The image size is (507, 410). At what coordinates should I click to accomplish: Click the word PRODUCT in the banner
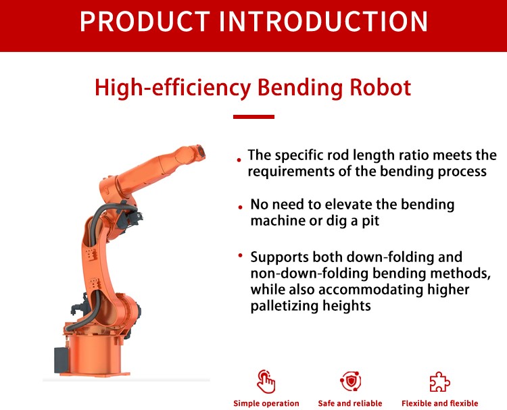(145, 22)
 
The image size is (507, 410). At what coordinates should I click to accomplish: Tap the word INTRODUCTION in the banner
(323, 22)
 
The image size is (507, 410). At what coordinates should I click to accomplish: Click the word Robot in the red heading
(380, 88)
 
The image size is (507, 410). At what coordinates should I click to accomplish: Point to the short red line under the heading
(254, 117)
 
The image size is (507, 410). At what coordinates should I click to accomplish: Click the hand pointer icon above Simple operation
(266, 381)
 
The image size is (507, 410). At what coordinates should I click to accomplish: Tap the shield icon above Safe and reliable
(350, 381)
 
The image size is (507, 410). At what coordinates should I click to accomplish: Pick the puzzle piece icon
(439, 382)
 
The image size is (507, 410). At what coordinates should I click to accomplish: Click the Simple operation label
(266, 403)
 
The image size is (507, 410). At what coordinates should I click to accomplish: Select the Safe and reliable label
(350, 403)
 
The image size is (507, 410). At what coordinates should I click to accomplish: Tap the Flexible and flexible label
(440, 403)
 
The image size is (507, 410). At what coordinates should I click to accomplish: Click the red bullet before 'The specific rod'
(239, 160)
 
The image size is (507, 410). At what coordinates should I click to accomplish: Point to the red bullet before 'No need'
(240, 207)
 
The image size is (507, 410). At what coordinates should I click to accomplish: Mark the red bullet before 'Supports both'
(240, 255)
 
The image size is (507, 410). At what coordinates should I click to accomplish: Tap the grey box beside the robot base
(61, 360)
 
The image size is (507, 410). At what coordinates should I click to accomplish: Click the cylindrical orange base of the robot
(95, 355)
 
